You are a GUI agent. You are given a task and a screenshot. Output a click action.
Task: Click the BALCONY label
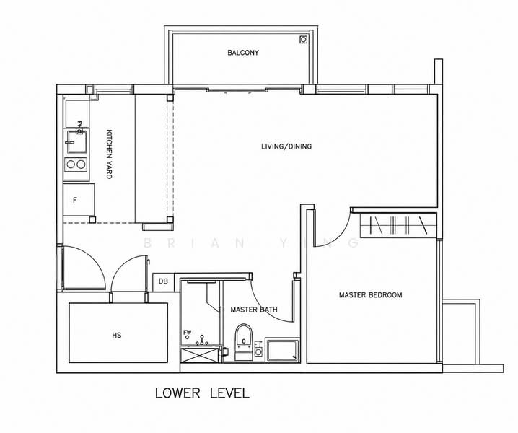(243, 53)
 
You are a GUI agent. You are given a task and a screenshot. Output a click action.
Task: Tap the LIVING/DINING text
(286, 146)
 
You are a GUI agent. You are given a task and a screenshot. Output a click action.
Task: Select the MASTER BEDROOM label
(370, 295)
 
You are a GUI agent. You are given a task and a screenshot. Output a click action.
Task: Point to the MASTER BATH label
(254, 310)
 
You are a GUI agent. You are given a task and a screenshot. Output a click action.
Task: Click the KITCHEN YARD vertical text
(109, 154)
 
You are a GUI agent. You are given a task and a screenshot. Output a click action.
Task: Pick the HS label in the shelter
(117, 335)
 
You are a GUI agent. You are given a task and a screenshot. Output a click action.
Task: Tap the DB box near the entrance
(163, 282)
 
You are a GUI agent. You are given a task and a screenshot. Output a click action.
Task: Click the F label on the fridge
(75, 200)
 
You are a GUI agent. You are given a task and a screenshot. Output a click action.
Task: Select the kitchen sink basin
(77, 141)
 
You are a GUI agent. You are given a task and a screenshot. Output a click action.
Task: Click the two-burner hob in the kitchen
(76, 165)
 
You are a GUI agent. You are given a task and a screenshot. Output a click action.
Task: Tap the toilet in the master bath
(243, 342)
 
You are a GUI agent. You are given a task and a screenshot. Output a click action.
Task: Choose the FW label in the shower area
(188, 332)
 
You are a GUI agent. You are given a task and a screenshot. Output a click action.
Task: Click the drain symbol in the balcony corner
(303, 40)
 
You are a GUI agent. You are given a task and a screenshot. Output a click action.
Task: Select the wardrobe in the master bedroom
(398, 225)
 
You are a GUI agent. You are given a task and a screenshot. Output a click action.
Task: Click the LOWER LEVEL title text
(202, 393)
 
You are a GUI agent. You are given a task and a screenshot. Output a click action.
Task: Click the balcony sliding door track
(237, 89)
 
